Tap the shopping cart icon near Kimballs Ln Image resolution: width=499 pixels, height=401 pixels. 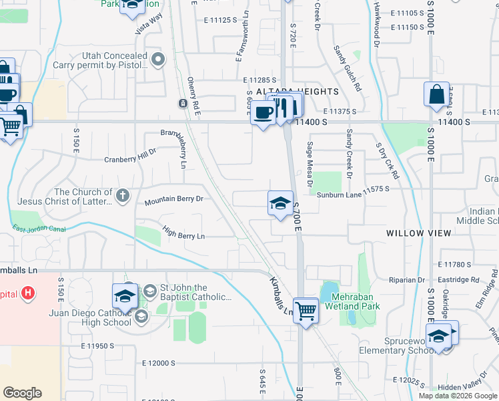pyautogui.click(x=306, y=309)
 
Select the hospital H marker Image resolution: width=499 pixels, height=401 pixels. pyautogui.click(x=27, y=292)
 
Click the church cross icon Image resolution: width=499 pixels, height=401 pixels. pyautogui.click(x=121, y=195)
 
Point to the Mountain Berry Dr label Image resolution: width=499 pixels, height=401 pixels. pyautogui.click(x=173, y=199)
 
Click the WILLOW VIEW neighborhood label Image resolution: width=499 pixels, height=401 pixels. pyautogui.click(x=419, y=233)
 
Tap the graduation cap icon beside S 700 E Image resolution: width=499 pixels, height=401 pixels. pyautogui.click(x=281, y=203)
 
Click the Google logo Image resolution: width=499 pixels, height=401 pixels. pyautogui.click(x=22, y=393)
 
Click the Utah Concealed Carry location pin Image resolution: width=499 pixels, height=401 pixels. pyautogui.click(x=159, y=60)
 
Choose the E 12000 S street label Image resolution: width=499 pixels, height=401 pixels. pyautogui.click(x=159, y=363)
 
